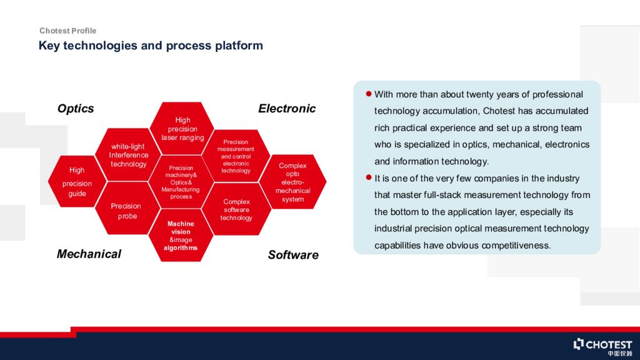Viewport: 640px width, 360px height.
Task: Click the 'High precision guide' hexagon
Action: (x=77, y=181)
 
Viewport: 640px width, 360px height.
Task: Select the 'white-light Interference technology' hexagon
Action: (x=128, y=155)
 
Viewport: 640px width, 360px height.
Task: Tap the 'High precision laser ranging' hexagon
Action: (x=182, y=129)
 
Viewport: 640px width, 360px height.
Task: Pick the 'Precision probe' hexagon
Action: (x=127, y=208)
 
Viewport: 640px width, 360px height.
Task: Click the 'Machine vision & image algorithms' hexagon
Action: (x=181, y=236)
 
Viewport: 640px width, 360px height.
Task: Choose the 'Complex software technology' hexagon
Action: (x=236, y=209)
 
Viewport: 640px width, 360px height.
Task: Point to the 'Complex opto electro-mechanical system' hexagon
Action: (x=292, y=182)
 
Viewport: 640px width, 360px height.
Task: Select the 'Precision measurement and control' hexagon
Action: (x=236, y=156)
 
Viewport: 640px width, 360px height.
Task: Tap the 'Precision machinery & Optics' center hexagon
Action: (x=181, y=182)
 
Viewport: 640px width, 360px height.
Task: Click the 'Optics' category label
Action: (x=76, y=109)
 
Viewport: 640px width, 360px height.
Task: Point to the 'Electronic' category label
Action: (x=287, y=109)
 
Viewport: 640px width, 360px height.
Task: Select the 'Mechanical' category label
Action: (x=89, y=254)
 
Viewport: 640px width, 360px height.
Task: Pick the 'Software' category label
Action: (x=293, y=255)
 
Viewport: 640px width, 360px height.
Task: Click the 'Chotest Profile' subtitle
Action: (x=67, y=31)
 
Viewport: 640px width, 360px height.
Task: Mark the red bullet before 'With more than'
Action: (x=369, y=94)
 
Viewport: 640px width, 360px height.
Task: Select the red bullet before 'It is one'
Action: (x=369, y=177)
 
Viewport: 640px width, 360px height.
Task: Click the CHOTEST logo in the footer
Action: (x=602, y=346)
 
